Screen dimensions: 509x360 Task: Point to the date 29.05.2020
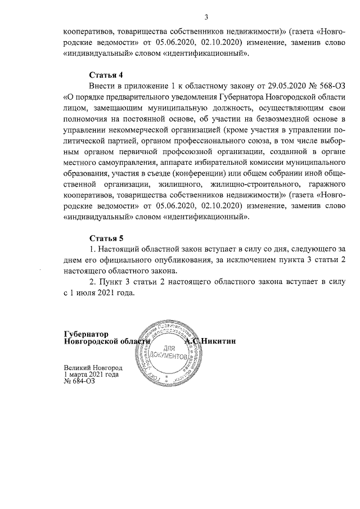point(274,85)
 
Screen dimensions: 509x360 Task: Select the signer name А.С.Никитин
point(211,341)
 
